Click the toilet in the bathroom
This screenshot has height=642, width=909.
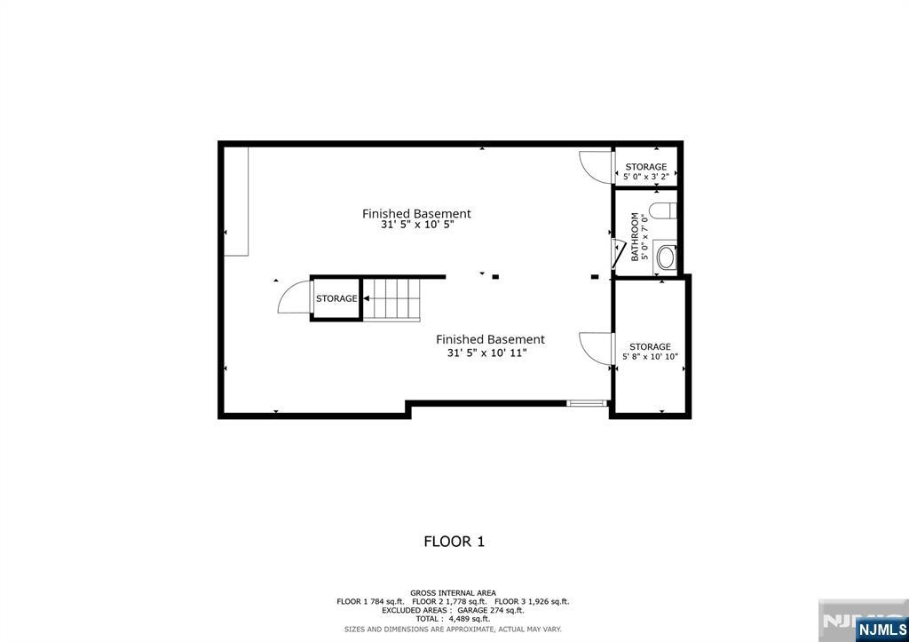[x=664, y=211]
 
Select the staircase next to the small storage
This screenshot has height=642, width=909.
[x=391, y=298]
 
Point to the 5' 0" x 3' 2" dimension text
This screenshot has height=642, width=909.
[x=645, y=177]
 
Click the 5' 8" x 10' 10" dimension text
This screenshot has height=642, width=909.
[x=650, y=357]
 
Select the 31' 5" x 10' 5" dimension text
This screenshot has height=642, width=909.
[x=416, y=226]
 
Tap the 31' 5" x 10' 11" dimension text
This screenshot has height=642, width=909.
[x=489, y=353]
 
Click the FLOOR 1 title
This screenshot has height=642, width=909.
[x=454, y=541]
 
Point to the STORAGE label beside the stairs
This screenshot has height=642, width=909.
[x=336, y=299]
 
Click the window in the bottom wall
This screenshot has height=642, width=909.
[x=587, y=404]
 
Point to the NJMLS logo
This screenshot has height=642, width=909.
[x=881, y=630]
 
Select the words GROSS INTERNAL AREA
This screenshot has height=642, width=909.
[x=453, y=592]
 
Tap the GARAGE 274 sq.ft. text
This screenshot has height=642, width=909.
[x=491, y=610]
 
